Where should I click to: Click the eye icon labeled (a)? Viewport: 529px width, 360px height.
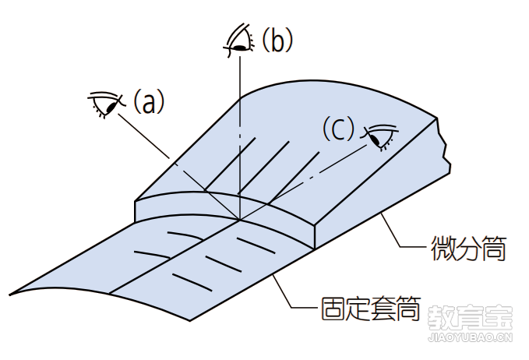105,104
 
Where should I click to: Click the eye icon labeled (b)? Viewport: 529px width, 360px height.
238,40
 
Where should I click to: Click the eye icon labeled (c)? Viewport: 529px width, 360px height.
380,136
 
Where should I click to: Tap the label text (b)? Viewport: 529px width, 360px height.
277,40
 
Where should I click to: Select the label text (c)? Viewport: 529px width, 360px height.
338,129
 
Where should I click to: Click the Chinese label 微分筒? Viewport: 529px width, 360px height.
468,249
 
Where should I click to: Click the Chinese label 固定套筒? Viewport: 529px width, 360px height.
370,309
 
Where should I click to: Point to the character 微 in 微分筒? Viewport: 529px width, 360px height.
443,249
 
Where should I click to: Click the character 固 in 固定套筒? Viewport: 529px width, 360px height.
333,309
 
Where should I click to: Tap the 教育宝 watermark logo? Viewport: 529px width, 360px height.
471,318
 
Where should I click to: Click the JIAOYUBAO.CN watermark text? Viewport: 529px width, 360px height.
471,337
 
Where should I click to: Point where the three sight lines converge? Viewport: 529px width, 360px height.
239,220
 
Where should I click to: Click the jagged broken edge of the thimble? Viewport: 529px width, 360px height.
443,146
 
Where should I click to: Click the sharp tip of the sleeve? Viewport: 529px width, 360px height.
10,295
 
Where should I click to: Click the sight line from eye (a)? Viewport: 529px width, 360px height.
179,167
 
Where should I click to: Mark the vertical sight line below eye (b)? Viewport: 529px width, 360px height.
239,139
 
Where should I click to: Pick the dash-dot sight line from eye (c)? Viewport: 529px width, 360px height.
303,182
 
